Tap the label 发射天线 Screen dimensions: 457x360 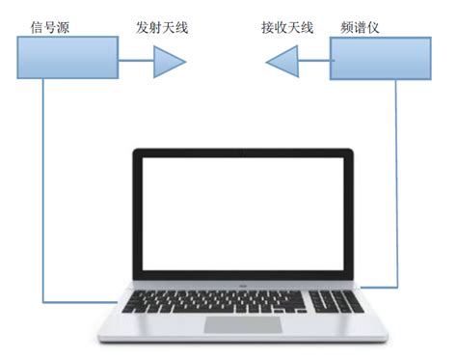click(x=162, y=26)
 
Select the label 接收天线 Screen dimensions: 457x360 click(x=287, y=26)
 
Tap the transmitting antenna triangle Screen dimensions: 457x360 click(x=168, y=64)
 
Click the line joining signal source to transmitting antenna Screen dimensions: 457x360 click(x=135, y=64)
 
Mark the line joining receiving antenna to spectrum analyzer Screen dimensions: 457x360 click(x=314, y=65)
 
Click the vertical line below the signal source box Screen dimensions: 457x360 click(x=44, y=193)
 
